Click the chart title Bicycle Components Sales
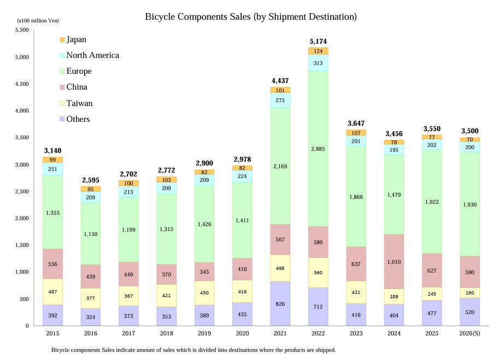[x=251, y=17]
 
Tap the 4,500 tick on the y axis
[x=21, y=84]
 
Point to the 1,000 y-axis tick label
[x=21, y=272]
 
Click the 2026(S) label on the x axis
[x=470, y=333]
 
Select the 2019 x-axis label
[x=204, y=333]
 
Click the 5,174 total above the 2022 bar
[x=318, y=42]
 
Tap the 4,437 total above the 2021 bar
[x=280, y=81]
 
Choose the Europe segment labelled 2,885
[x=318, y=149]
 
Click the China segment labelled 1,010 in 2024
[x=394, y=262]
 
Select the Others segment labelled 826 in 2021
[x=280, y=304]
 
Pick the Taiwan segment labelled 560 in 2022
[x=318, y=273]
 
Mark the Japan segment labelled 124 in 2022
[x=318, y=51]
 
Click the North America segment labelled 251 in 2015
[x=52, y=169]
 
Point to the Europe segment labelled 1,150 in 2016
[x=91, y=234]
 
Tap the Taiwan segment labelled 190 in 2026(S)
[x=470, y=293]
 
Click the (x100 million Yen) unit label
[x=38, y=20]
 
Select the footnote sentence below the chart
[x=193, y=350]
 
